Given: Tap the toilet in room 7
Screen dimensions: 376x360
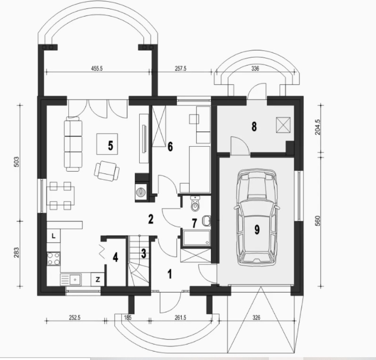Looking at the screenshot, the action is (195, 204).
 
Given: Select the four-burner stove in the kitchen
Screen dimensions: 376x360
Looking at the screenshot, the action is (53, 259).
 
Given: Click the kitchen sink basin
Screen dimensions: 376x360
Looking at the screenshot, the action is (75, 279).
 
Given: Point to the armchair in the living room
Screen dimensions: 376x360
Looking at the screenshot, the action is (107, 171).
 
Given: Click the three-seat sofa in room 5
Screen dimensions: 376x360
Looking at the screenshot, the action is (73, 144).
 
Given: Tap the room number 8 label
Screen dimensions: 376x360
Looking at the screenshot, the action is (254, 126).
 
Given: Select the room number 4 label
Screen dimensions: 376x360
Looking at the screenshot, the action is (115, 257).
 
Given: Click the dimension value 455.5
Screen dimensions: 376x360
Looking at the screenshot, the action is (97, 68).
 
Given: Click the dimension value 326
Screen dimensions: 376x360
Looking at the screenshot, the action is (256, 318).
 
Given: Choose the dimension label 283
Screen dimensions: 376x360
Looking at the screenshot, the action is (17, 253).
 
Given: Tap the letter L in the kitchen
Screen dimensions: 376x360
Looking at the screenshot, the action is (53, 236).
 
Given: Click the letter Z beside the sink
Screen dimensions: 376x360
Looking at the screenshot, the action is (98, 279).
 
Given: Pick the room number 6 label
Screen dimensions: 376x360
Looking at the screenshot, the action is (170, 147).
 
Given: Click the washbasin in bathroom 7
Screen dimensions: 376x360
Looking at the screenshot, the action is (207, 221).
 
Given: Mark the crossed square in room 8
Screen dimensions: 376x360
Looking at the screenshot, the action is (283, 125).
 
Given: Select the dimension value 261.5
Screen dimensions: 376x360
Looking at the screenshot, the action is (180, 318).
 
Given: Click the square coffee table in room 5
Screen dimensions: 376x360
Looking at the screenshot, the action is (107, 144).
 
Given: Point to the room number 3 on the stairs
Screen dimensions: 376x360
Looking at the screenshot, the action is (143, 253).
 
